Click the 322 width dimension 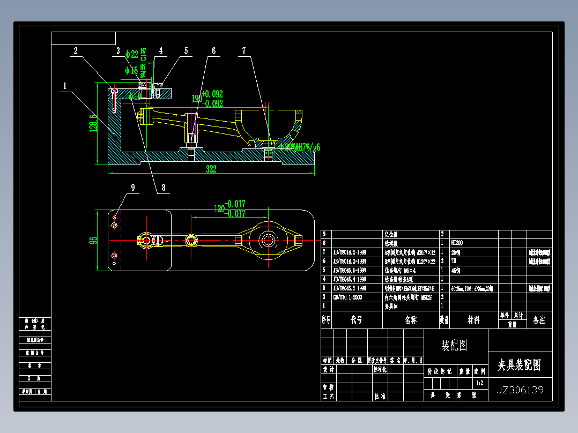click(211, 169)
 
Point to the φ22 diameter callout click(131, 54)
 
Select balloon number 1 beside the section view click(65, 85)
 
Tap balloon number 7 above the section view click(244, 51)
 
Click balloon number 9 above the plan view click(132, 187)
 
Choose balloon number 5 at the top click(186, 51)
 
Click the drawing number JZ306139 click(520, 390)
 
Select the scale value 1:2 click(480, 383)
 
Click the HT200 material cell click(458, 242)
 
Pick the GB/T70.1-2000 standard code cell click(348, 297)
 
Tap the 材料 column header click(473, 320)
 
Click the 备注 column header click(539, 320)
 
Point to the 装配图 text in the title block click(454, 346)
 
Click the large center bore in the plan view click(268, 240)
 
